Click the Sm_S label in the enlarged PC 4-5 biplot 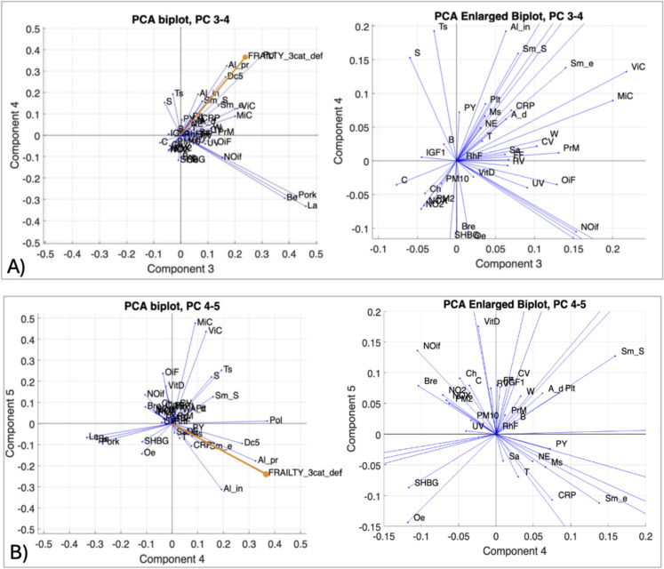632,351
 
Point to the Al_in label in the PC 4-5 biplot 236,488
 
